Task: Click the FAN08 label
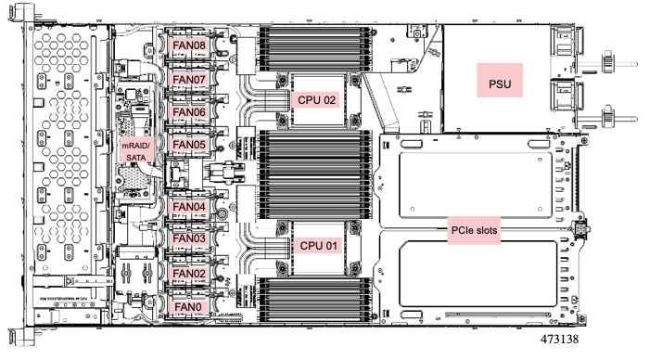point(189,43)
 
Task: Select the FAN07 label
point(189,80)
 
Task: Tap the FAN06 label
point(189,111)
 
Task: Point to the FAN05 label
point(189,146)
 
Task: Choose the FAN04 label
point(189,206)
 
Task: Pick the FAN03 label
point(189,239)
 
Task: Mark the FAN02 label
point(189,274)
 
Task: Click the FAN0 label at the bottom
point(187,305)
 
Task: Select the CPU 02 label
point(317,99)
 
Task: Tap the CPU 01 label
point(317,245)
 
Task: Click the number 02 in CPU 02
point(329,99)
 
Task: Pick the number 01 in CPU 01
point(329,245)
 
